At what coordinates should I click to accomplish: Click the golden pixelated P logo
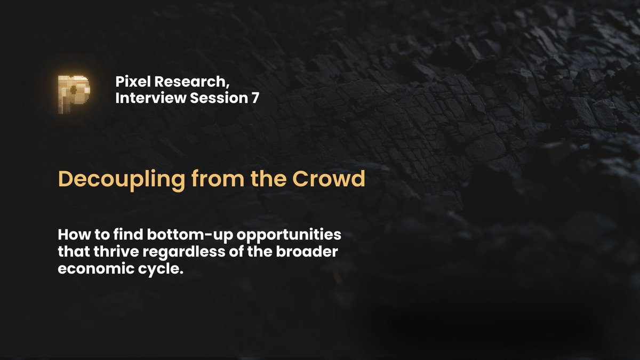click(x=73, y=94)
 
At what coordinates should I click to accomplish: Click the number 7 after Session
click(x=255, y=99)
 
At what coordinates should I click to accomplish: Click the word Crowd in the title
click(x=335, y=179)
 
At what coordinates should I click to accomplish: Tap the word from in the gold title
click(x=199, y=179)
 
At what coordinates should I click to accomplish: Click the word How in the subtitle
click(x=71, y=235)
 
